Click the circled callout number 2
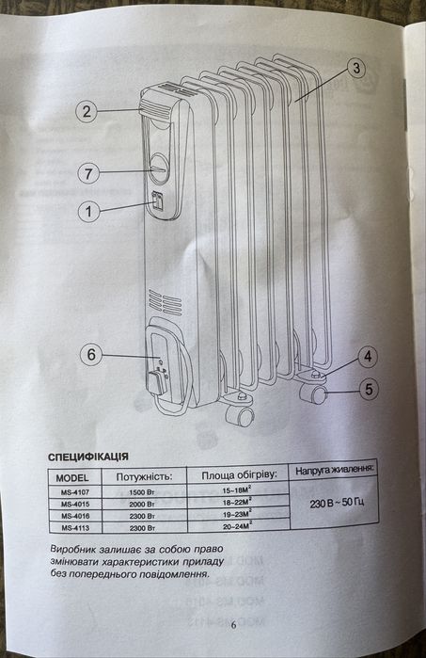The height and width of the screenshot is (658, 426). click(87, 111)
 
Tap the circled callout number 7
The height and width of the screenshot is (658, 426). click(88, 173)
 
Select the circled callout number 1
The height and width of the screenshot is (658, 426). click(89, 211)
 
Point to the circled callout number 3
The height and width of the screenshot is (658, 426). click(356, 68)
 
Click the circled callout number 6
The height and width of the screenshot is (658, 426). click(91, 355)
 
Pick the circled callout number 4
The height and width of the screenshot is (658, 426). click(368, 356)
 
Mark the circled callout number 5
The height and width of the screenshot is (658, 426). click(369, 389)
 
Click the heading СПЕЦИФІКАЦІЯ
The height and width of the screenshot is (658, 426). click(88, 457)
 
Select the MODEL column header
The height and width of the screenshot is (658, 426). click(72, 477)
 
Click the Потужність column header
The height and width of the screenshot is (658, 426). click(144, 476)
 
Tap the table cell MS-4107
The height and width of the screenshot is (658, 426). click(75, 491)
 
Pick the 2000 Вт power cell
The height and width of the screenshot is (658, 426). click(142, 504)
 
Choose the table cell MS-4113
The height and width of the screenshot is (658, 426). click(75, 528)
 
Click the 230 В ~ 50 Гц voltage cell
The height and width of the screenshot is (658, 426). click(337, 503)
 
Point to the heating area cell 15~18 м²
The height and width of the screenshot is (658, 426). click(237, 489)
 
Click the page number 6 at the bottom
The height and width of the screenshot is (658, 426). click(233, 625)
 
